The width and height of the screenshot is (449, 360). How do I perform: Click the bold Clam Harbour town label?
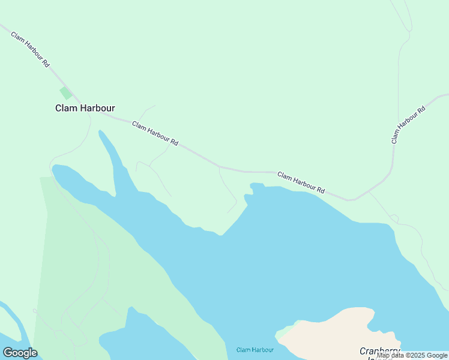point(85,109)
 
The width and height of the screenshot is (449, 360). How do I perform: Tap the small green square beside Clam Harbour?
point(65,93)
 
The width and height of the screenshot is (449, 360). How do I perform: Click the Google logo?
point(20,353)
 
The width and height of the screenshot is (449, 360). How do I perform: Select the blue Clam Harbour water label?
point(255,350)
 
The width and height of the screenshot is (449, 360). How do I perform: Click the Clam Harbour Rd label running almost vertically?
point(408,125)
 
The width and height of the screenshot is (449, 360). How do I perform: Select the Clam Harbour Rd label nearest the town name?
point(155,134)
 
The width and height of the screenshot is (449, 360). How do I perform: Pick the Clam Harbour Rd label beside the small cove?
point(301,182)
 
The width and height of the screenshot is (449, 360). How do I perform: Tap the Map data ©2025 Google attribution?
point(412,355)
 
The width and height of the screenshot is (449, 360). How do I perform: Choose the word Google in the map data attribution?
point(437,355)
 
